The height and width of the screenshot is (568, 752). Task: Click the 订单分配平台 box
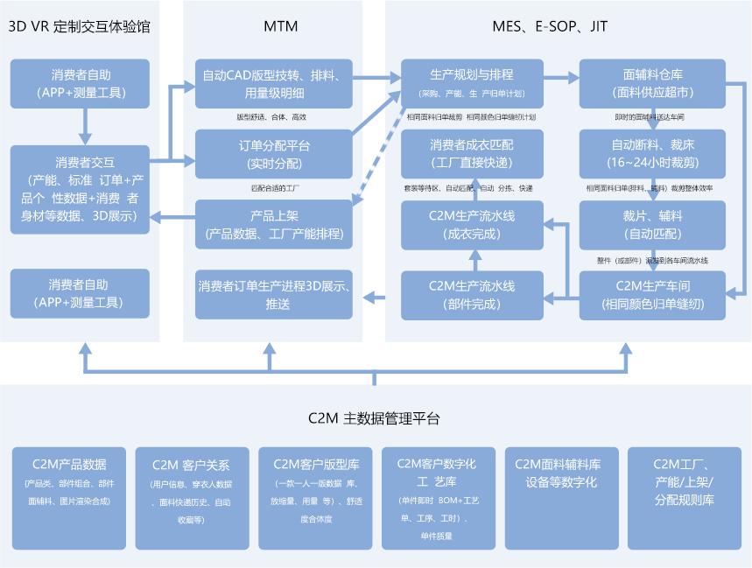273,154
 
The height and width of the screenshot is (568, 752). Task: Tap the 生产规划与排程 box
472,83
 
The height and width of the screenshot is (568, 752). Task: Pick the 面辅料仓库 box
652,83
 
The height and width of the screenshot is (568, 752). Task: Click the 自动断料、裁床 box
652,154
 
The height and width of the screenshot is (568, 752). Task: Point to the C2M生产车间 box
652,295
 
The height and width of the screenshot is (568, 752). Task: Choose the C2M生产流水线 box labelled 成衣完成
472,225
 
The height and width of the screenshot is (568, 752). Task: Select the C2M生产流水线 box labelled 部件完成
472,295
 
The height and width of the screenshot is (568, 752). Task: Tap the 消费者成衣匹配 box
472,154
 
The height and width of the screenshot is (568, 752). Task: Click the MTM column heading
280,26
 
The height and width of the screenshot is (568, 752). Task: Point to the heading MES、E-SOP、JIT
550,26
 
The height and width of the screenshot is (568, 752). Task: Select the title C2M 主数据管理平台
374,417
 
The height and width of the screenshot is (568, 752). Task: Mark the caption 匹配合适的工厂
273,187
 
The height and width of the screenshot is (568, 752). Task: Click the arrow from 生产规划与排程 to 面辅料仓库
560,78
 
